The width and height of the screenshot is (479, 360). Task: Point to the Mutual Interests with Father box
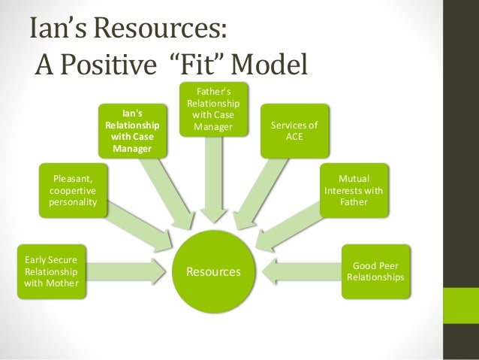point(353,191)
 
